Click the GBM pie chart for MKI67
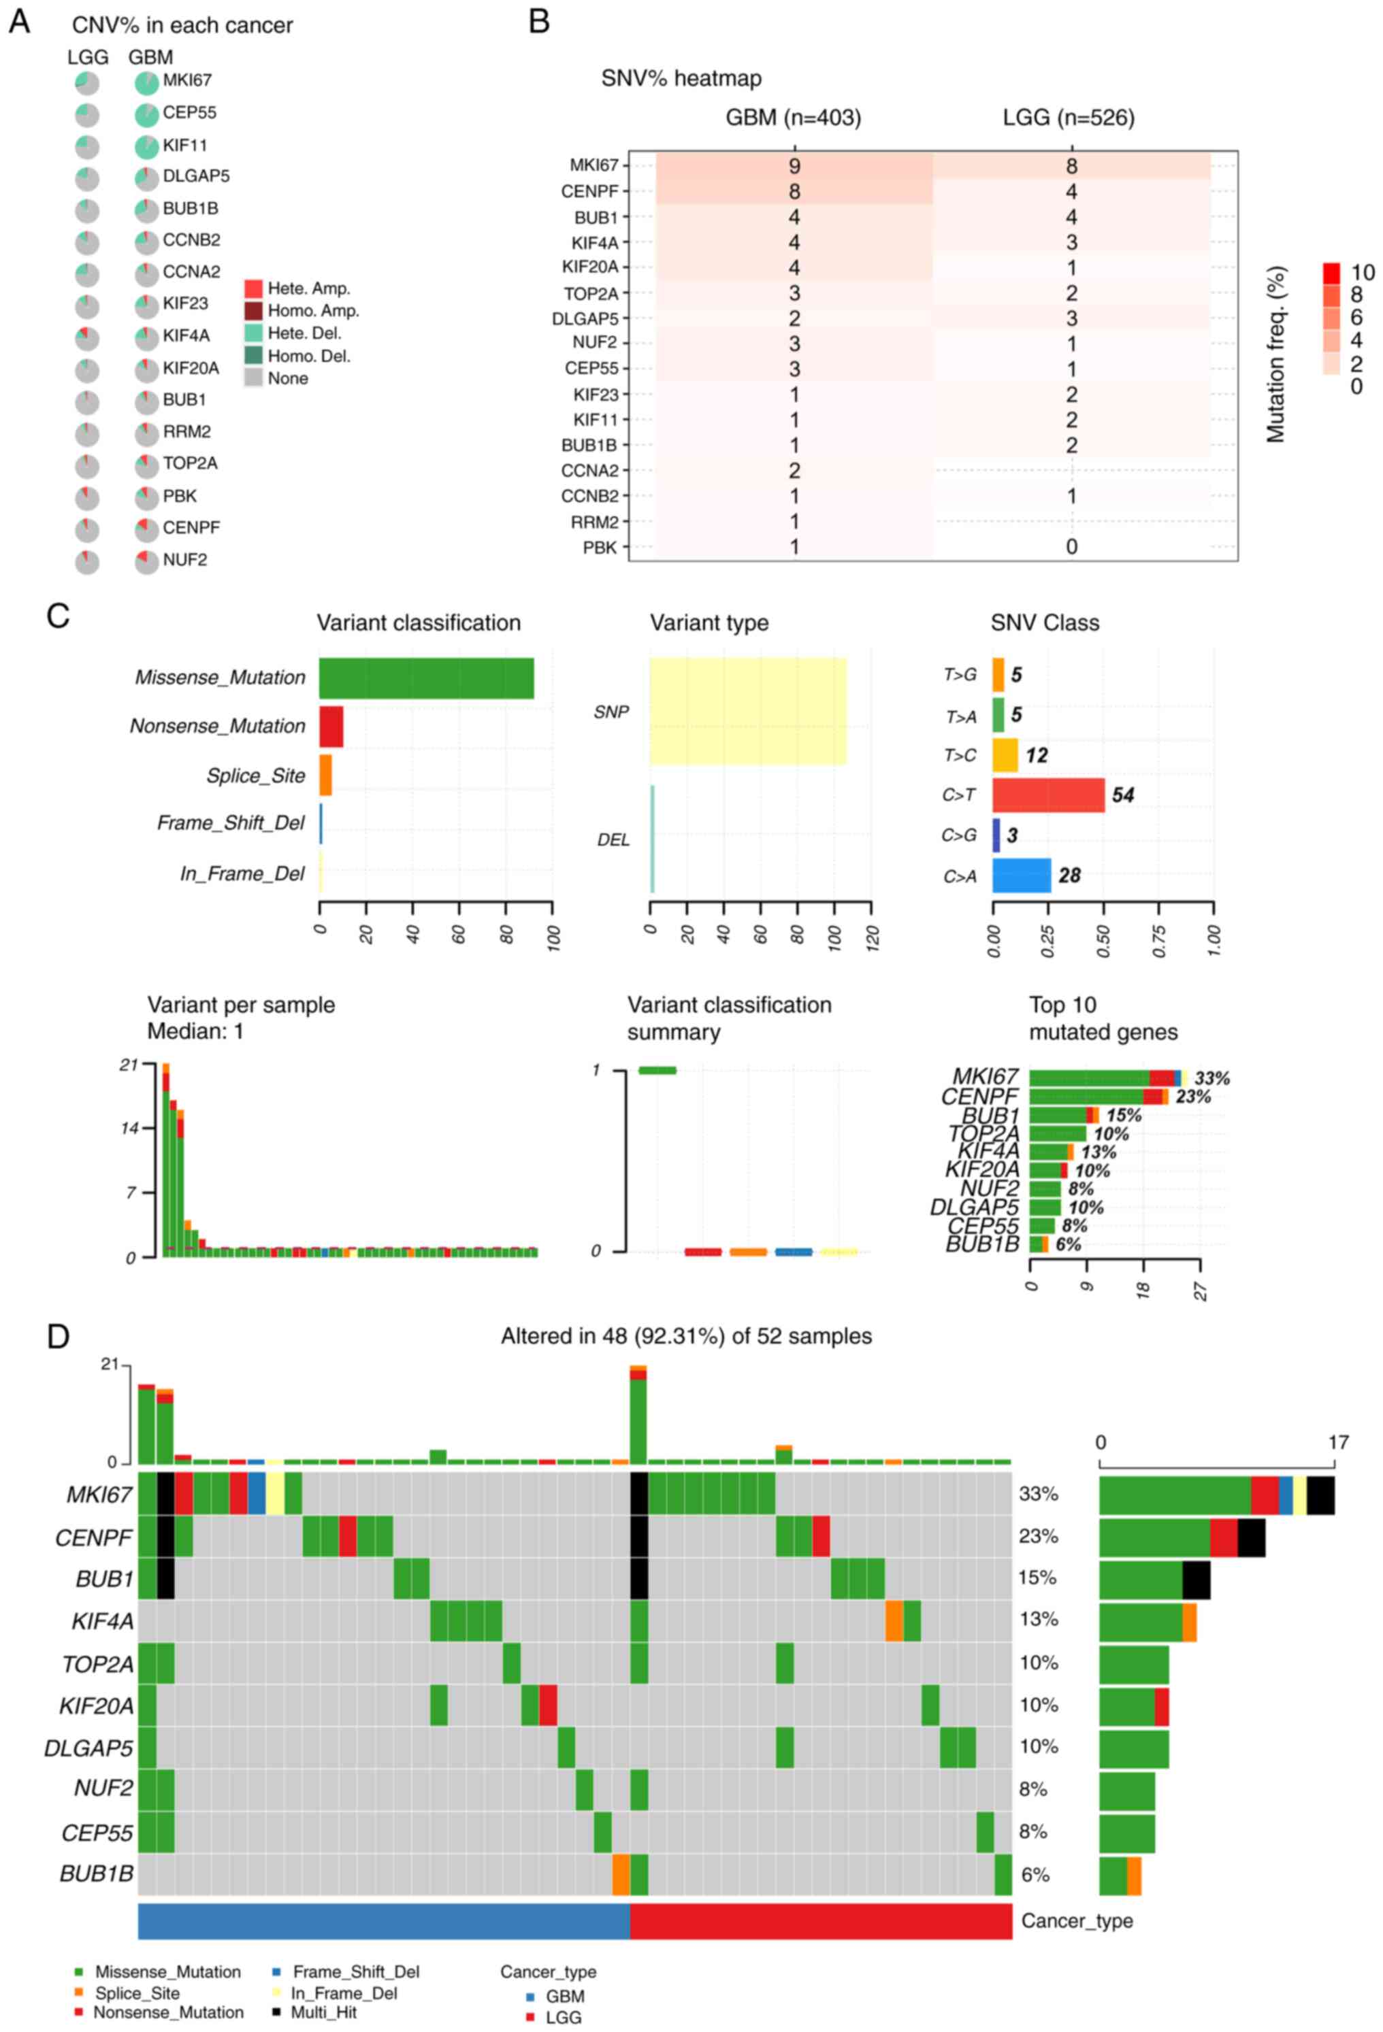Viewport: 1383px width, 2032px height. click(x=147, y=83)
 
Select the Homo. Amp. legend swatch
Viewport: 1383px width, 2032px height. click(x=254, y=310)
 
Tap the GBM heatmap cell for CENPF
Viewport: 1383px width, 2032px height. click(x=794, y=191)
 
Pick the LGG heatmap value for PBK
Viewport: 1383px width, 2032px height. click(x=1071, y=548)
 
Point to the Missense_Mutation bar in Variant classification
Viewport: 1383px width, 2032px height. click(x=426, y=678)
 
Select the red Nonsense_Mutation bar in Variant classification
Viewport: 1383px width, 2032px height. click(x=331, y=727)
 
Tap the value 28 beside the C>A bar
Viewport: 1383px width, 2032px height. click(x=1069, y=876)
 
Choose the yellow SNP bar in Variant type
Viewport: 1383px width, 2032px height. click(x=747, y=711)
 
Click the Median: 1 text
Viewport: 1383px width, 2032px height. click(x=195, y=1032)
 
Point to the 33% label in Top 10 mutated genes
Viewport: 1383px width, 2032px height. click(x=1211, y=1078)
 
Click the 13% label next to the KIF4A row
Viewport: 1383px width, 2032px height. click(x=1039, y=1619)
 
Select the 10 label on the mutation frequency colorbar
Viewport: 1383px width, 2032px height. click(x=1362, y=273)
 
